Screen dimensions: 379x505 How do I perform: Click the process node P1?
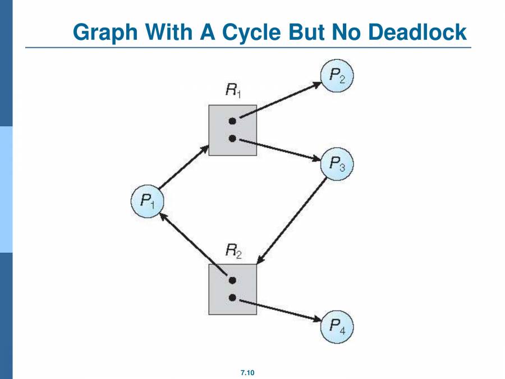[147, 202]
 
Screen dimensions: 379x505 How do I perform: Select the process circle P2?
[337, 77]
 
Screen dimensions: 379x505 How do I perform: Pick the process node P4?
[337, 326]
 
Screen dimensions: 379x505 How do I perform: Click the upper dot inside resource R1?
[232, 121]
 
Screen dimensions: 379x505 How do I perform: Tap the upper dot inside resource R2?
[232, 280]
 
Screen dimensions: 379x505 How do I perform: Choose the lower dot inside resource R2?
[232, 298]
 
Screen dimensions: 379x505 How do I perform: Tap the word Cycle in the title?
[252, 32]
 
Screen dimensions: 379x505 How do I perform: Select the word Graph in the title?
[107, 32]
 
